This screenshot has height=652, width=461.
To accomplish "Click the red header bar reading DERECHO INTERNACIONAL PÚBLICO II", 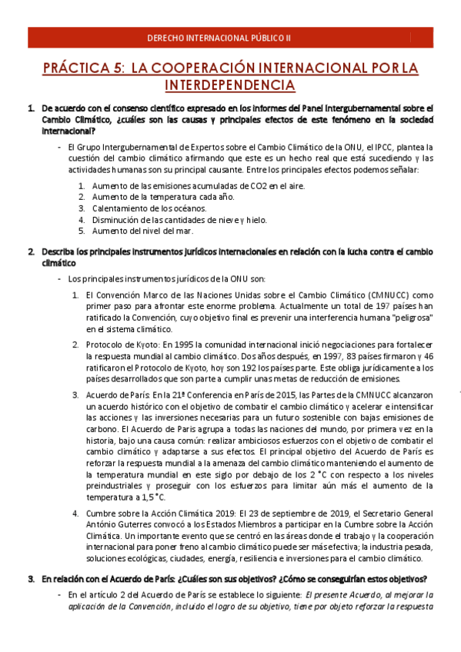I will coord(230,37).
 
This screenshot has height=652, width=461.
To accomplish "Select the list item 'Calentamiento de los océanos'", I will coord(149,208).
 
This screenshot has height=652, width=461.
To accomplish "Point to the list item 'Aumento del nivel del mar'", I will coord(142,230).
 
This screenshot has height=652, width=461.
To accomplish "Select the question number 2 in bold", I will coord(31,251).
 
